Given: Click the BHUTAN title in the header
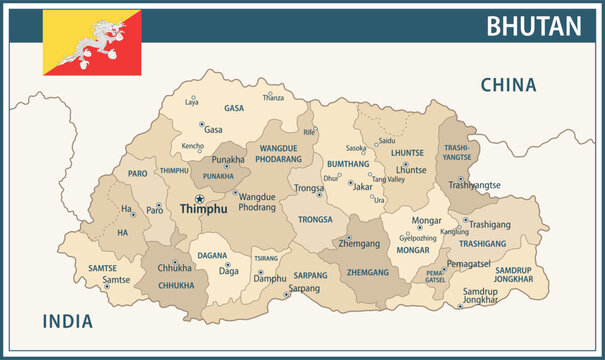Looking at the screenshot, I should point(533,26).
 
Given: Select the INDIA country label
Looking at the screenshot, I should point(67,321).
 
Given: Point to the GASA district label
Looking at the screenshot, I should point(234,108).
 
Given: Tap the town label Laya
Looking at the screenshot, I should point(192,102).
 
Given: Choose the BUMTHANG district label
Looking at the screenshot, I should point(348,163).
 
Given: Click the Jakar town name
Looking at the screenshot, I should point(363,186).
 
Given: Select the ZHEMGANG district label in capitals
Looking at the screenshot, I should point(367,271).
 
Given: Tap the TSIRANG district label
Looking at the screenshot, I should point(267,257).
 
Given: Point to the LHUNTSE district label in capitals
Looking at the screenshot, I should point(407,153).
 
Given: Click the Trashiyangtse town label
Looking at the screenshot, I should point(474,185).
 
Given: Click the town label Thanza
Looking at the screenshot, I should point(273,98).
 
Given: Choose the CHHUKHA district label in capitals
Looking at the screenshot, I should point(177,284).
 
